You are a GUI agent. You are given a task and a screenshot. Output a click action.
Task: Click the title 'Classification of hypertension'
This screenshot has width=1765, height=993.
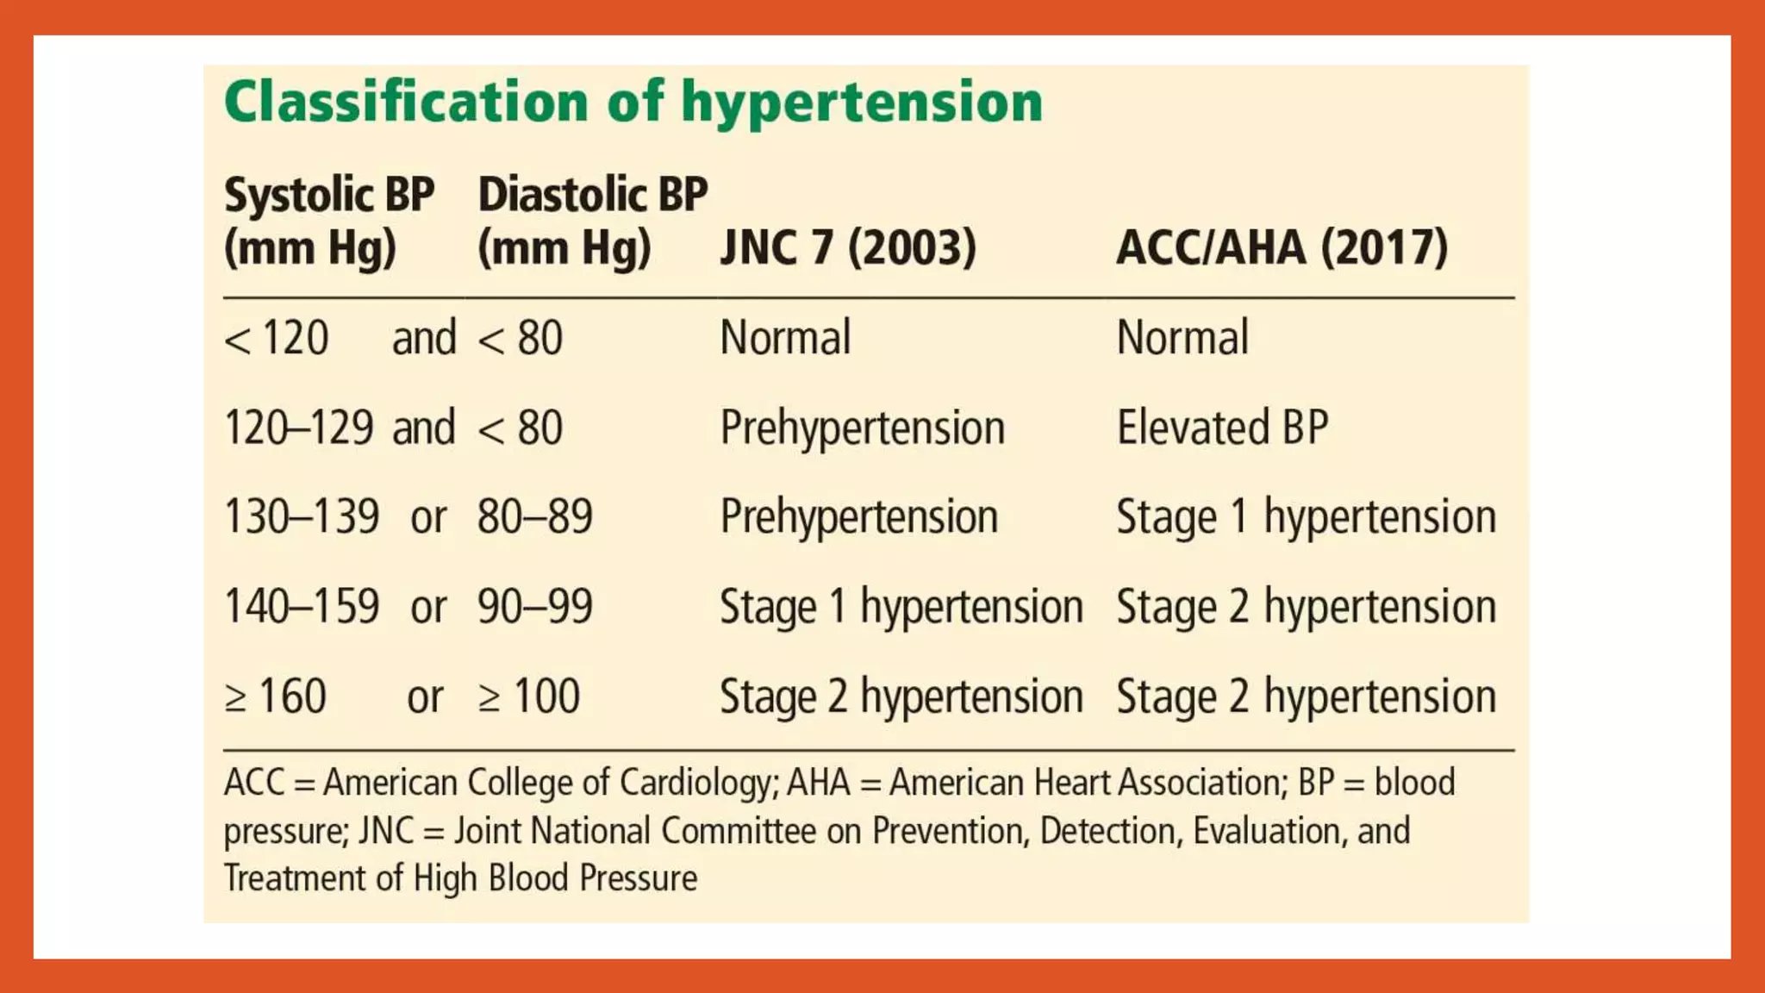click(633, 103)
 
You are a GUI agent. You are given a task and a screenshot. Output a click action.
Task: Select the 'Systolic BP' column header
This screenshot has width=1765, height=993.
click(329, 195)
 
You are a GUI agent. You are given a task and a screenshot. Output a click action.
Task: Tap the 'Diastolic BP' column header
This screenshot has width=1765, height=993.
click(593, 195)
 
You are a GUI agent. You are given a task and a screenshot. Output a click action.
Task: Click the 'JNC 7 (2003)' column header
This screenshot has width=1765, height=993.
click(848, 247)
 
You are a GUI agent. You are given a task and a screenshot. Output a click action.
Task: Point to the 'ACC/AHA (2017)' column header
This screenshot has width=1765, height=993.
click(1282, 247)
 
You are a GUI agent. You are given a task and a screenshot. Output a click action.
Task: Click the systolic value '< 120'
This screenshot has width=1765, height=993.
click(277, 337)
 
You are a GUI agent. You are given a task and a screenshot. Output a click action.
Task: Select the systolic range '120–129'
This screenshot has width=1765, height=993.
click(298, 428)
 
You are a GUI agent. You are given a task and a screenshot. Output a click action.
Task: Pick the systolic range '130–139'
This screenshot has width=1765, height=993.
click(302, 517)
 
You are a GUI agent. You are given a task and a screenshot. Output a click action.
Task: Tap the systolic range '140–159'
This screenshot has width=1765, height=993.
click(302, 607)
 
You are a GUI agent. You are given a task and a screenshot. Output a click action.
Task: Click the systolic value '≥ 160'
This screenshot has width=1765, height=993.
click(276, 696)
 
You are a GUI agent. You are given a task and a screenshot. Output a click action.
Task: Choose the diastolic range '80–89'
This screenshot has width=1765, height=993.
click(535, 517)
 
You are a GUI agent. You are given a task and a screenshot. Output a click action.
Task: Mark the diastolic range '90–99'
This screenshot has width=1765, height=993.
click(535, 607)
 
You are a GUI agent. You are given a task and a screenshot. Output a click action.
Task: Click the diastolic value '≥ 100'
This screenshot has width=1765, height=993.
click(529, 696)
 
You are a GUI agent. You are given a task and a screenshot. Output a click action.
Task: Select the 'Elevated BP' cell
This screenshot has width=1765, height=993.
click(1222, 428)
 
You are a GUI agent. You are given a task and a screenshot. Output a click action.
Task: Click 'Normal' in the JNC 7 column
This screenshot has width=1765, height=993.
click(785, 337)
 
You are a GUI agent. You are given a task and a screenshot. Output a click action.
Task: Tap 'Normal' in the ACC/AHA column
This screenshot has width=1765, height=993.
click(1182, 337)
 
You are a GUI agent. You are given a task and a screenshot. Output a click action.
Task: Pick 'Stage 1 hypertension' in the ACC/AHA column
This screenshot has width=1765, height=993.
click(1306, 517)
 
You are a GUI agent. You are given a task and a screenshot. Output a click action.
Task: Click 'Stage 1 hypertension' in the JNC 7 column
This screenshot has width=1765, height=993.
click(901, 607)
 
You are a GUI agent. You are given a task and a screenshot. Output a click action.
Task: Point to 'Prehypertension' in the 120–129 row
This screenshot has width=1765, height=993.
click(863, 428)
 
